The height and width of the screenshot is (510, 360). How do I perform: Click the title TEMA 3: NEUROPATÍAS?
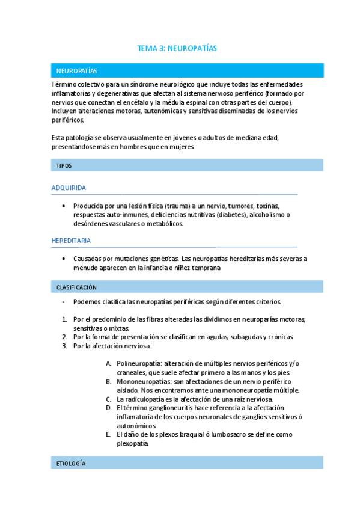[x=177, y=48]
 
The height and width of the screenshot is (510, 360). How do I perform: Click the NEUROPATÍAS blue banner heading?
[x=76, y=71]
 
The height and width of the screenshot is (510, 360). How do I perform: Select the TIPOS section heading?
[x=64, y=165]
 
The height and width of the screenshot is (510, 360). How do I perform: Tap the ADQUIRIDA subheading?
[x=69, y=188]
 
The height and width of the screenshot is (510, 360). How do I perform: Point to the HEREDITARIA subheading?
[x=72, y=241]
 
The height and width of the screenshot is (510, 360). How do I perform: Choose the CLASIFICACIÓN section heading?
[x=76, y=287]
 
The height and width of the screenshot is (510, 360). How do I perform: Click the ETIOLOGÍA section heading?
[x=70, y=464]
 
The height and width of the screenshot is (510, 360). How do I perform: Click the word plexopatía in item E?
[x=132, y=444]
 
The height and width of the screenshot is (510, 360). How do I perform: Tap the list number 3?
[x=65, y=346]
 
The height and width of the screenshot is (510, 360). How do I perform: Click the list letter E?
[x=108, y=434]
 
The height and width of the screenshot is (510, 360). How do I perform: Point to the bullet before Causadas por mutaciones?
[x=64, y=259]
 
